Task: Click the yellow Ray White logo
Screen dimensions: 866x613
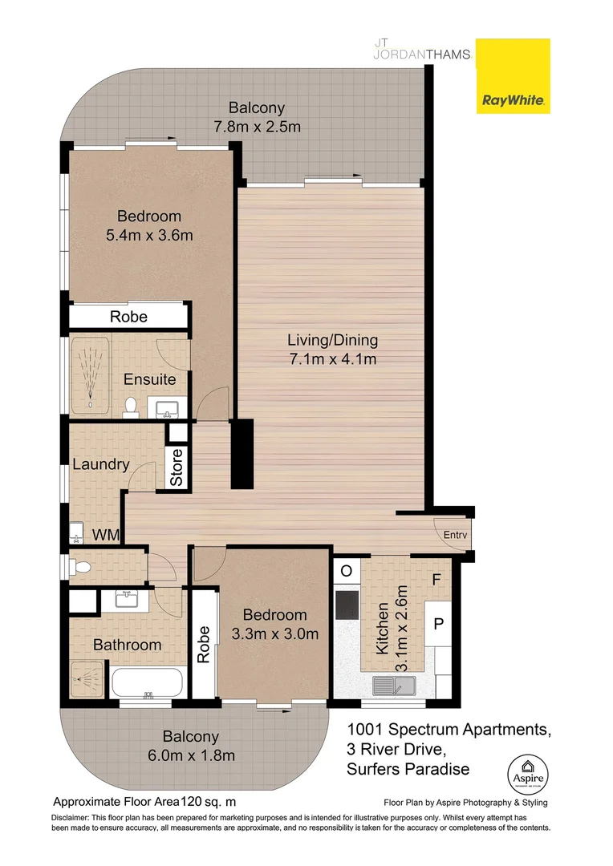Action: point(514,76)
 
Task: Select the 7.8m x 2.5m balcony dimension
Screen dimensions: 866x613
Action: point(256,127)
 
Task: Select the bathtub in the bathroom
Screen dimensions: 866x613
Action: point(148,683)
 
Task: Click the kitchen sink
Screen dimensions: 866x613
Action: point(393,684)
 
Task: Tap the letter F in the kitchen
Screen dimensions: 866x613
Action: point(437,579)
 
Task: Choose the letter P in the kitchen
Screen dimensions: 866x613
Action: point(439,623)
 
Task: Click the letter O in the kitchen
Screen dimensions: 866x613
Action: point(347,572)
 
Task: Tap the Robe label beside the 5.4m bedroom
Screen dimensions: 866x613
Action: point(129,317)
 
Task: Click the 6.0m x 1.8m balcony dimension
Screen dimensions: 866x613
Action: point(190,755)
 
